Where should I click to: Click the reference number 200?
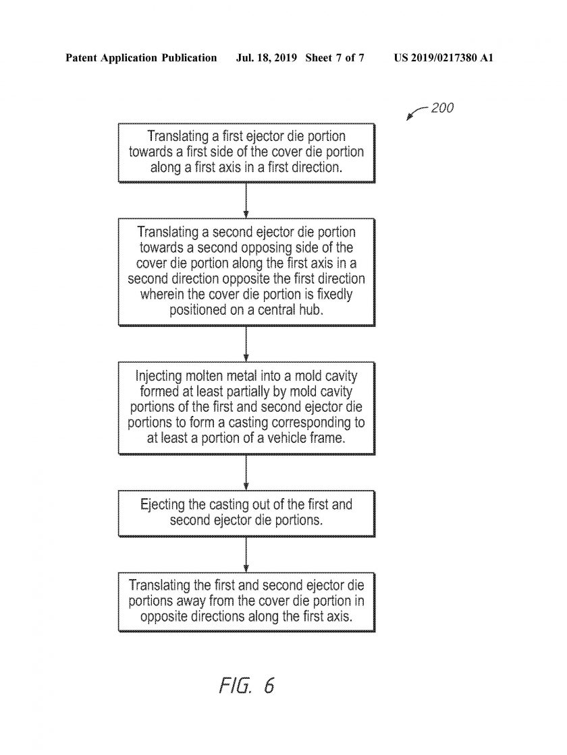[x=442, y=108]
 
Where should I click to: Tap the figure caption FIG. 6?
[x=246, y=685]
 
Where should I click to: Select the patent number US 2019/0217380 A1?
[x=443, y=58]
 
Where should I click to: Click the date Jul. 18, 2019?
[x=267, y=58]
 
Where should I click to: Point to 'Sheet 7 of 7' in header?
[x=335, y=58]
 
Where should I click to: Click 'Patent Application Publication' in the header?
[x=141, y=58]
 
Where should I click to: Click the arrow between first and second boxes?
[x=246, y=200]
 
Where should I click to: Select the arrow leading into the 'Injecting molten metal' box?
[x=246, y=344]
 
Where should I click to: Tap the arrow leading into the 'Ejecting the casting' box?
[x=246, y=473]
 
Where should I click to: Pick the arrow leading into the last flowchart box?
[x=246, y=554]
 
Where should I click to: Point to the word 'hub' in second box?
[x=313, y=309]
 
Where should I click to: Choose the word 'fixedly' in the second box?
[x=335, y=294]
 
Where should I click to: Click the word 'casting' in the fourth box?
[x=227, y=505]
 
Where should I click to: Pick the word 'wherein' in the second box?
[x=160, y=294]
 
